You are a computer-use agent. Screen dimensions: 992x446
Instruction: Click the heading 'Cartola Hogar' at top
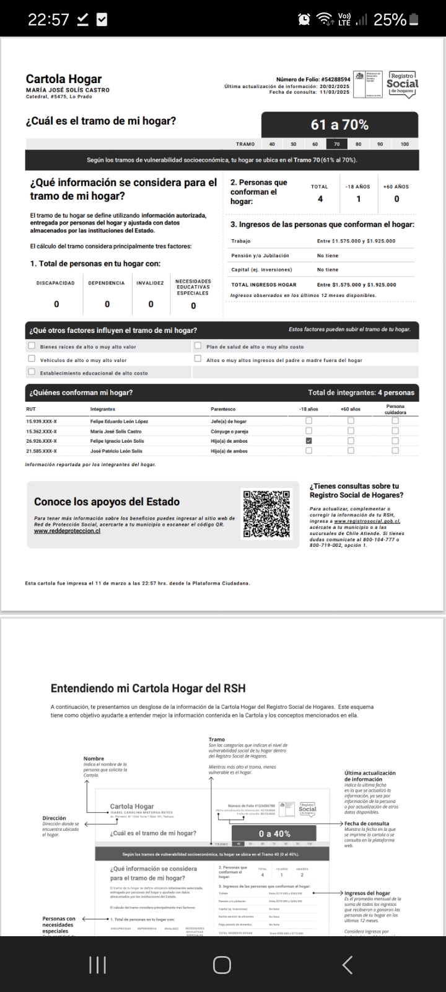pyautogui.click(x=64, y=79)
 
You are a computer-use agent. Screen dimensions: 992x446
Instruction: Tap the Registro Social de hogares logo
pyautogui.click(x=402, y=82)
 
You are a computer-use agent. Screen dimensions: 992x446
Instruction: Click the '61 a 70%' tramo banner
pyautogui.click(x=339, y=125)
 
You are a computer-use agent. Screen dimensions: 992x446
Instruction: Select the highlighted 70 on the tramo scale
pyautogui.click(x=336, y=144)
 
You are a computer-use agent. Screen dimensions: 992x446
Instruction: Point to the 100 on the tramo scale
pyautogui.click(x=404, y=144)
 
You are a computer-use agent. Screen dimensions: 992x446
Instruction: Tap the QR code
pyautogui.click(x=266, y=513)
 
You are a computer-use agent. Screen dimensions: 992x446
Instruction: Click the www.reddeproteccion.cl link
pyautogui.click(x=67, y=531)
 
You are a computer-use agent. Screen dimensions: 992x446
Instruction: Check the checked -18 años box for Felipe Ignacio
pyautogui.click(x=308, y=441)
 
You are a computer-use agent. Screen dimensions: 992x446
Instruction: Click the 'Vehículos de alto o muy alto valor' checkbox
pyautogui.click(x=32, y=359)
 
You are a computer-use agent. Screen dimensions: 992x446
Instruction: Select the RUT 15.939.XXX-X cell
pyautogui.click(x=42, y=421)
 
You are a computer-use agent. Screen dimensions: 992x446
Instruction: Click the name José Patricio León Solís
pyautogui.click(x=116, y=451)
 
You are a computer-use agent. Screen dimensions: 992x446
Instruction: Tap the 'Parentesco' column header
pyautogui.click(x=223, y=409)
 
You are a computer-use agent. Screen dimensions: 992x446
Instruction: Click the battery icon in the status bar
pyautogui.click(x=414, y=20)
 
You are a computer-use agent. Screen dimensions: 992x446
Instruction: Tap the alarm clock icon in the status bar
pyautogui.click(x=304, y=20)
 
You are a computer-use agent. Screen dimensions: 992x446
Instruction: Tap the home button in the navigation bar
pyautogui.click(x=222, y=965)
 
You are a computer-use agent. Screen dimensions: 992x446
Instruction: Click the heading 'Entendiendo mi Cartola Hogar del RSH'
pyautogui.click(x=147, y=688)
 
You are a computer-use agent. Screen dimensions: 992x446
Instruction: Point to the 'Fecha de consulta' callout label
pyautogui.click(x=367, y=823)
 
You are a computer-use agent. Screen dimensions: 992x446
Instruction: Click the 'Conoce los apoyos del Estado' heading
pyautogui.click(x=107, y=502)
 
